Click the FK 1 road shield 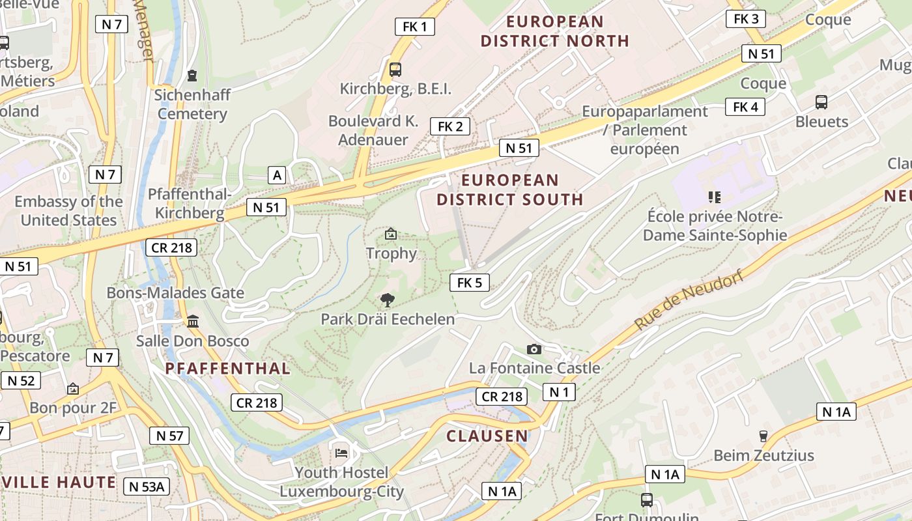click(414, 27)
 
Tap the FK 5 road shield click(469, 283)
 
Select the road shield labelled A click(278, 175)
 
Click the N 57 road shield click(169, 436)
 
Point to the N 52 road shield click(21, 380)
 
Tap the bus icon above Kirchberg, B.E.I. click(395, 69)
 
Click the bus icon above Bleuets click(821, 102)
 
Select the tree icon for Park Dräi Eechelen click(388, 300)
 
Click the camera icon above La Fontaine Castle click(534, 350)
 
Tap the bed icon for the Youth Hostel click(341, 453)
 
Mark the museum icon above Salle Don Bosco click(193, 321)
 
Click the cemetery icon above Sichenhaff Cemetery click(192, 76)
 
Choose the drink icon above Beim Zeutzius click(763, 436)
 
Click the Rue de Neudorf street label click(689, 300)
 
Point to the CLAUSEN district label click(487, 436)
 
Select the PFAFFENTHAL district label click(227, 369)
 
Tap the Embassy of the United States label click(68, 210)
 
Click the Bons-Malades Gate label click(175, 293)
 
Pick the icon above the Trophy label click(391, 234)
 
